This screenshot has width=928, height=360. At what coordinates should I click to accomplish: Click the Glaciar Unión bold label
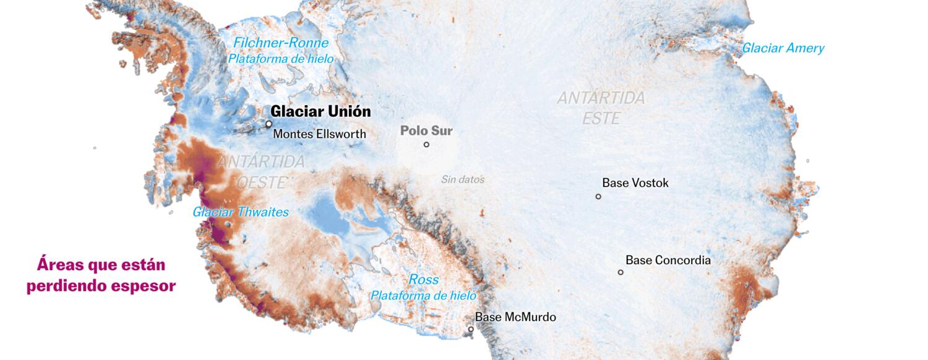click(320, 111)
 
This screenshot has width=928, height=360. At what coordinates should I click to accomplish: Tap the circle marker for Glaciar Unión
click(269, 124)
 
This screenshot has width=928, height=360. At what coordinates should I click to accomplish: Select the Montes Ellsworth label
click(319, 134)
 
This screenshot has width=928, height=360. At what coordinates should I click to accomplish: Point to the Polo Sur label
click(426, 131)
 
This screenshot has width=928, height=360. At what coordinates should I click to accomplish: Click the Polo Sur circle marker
click(426, 145)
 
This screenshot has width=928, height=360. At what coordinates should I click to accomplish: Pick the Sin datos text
click(462, 180)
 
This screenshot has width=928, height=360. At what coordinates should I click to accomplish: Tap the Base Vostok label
click(635, 183)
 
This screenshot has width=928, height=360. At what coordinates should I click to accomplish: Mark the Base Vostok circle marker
click(598, 197)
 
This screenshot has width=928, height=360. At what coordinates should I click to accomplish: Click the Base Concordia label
click(668, 260)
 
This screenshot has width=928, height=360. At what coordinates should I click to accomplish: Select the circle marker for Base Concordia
click(621, 272)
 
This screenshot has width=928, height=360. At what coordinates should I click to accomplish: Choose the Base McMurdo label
click(515, 317)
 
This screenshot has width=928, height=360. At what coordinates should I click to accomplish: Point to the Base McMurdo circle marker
click(471, 329)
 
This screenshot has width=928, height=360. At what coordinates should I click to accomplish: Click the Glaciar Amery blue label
click(783, 48)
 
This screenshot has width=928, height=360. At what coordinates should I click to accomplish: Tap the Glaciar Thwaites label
click(241, 212)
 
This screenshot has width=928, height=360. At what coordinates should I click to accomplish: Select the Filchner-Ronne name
click(280, 43)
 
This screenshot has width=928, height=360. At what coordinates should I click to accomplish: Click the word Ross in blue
click(424, 280)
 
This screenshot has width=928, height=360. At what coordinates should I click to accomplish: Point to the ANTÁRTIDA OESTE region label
click(261, 172)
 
